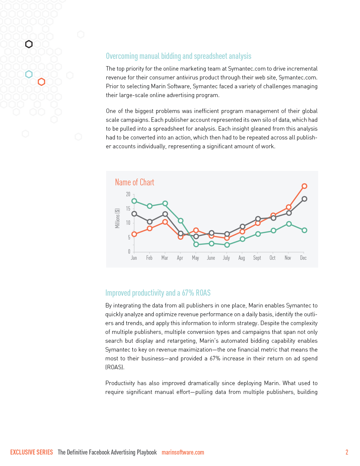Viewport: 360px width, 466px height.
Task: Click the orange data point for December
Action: point(304,186)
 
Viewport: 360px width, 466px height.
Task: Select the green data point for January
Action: point(134,201)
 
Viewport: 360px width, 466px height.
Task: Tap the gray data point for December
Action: point(304,199)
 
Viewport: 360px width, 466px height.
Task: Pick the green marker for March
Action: point(165,203)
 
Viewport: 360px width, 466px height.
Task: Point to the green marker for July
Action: point(227,245)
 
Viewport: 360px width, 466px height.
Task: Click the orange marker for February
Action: point(149,228)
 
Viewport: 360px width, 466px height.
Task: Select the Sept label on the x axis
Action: point(257,258)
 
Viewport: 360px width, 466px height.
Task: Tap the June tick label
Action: point(211,258)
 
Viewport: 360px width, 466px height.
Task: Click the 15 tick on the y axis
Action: point(128,209)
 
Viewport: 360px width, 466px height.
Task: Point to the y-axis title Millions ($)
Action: point(117,218)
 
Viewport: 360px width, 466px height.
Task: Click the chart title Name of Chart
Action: point(134,182)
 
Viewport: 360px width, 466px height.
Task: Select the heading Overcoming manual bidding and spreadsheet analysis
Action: point(179,56)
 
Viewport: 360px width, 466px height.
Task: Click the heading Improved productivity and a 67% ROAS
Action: point(158,293)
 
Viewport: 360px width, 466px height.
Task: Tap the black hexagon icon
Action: point(29,44)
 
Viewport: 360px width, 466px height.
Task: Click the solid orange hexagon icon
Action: point(41,82)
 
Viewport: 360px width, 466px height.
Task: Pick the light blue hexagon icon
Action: point(29,74)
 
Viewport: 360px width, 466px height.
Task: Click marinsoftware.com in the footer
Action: point(183,452)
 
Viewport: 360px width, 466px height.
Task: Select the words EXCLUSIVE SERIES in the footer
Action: point(31,452)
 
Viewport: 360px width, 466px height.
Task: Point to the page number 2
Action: point(347,452)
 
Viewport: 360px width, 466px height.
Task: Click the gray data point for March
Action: point(165,214)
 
